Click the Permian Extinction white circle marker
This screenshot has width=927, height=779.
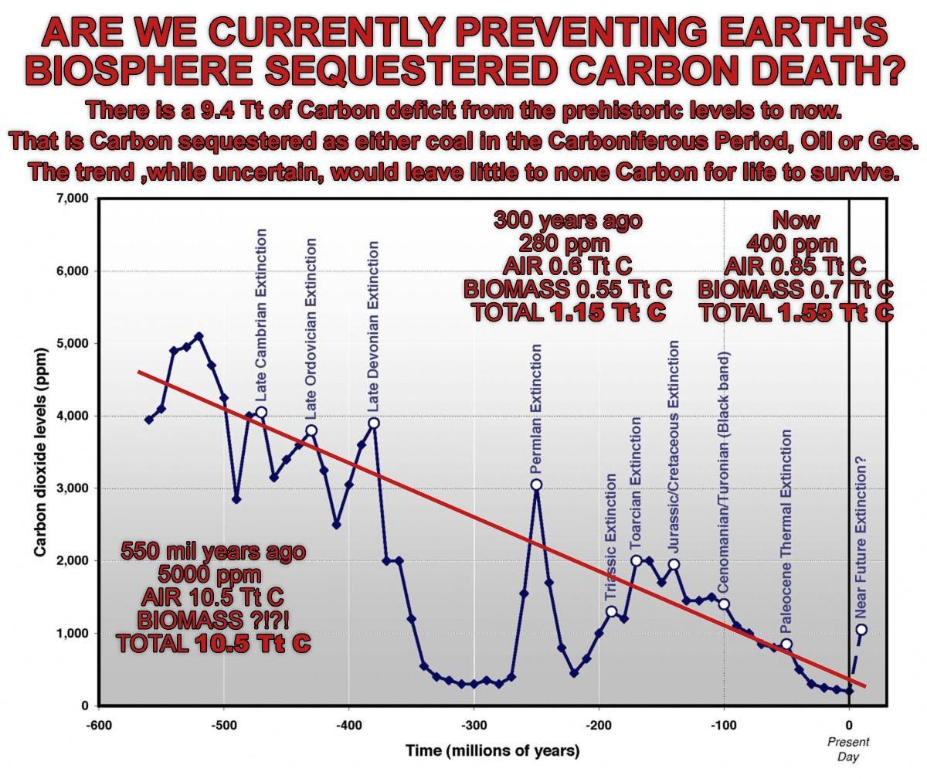(536, 485)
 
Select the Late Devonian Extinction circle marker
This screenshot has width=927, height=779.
(374, 423)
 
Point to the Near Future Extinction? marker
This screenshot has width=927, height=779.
(861, 629)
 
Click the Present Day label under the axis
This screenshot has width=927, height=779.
(848, 749)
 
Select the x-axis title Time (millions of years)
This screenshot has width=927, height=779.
(493, 750)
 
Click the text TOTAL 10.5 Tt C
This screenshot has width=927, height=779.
(213, 643)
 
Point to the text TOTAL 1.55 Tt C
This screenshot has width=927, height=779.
(796, 312)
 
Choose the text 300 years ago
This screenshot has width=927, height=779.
(568, 220)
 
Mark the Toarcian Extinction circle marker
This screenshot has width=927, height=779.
(637, 561)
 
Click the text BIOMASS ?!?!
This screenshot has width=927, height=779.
(213, 620)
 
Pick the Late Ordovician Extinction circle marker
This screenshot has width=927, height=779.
(311, 430)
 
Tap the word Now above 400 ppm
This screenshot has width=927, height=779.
(796, 220)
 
